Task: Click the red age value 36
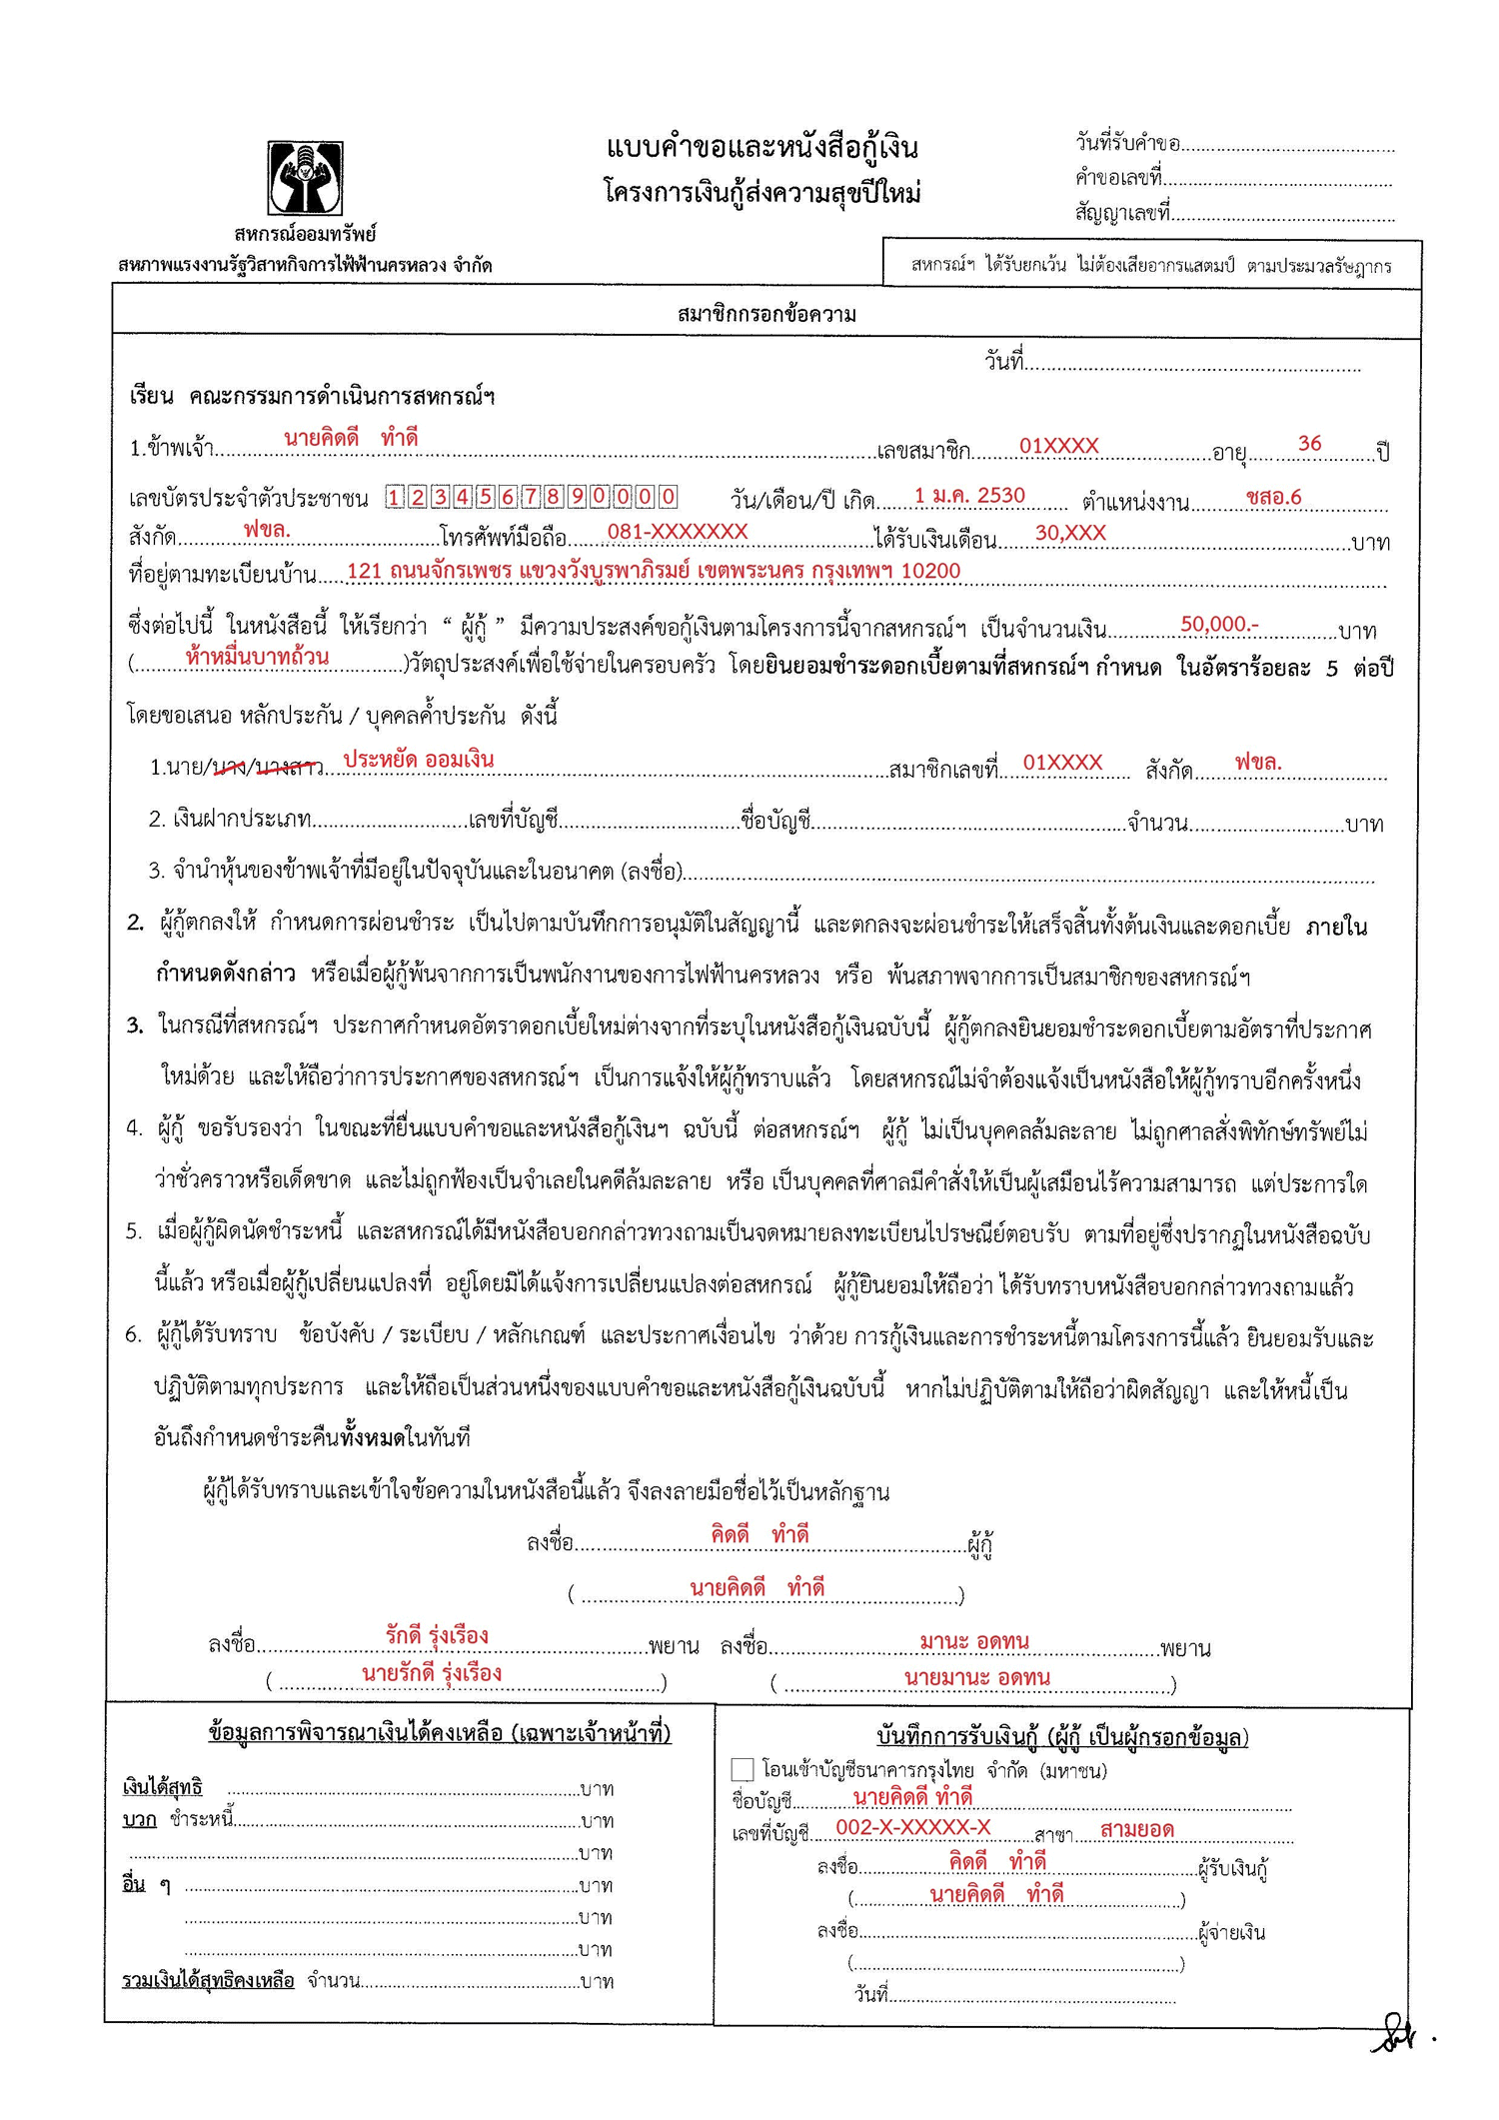[x=1309, y=443]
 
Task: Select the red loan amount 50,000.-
[x=1219, y=625]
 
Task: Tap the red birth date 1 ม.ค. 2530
[x=969, y=496]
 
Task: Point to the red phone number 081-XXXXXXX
[x=678, y=532]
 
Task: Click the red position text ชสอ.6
[x=1274, y=497]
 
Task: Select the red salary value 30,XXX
[x=1070, y=533]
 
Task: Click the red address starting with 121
[x=654, y=571]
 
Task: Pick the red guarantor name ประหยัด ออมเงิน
[x=419, y=760]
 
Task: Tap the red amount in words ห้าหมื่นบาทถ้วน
[x=257, y=657]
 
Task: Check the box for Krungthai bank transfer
[x=743, y=1770]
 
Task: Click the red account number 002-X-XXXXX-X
[x=913, y=1828]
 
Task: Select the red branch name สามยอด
[x=1136, y=1830]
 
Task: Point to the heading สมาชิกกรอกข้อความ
[x=766, y=315]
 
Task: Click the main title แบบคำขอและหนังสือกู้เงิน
[x=761, y=148]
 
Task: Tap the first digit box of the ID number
[x=396, y=497]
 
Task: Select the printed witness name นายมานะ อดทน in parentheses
[x=976, y=1678]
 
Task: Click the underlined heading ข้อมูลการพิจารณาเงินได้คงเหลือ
[x=440, y=1733]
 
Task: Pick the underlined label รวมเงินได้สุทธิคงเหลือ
[x=208, y=1981]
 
